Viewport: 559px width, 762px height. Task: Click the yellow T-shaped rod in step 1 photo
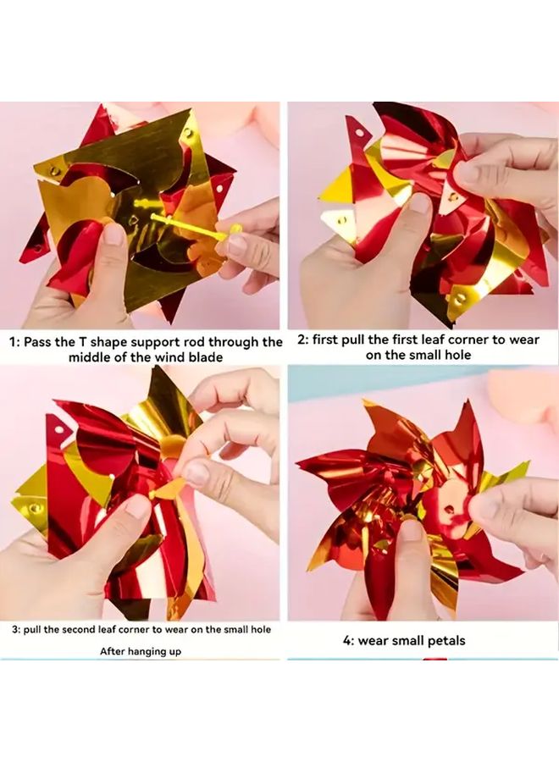186,224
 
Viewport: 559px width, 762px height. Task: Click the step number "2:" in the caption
302,340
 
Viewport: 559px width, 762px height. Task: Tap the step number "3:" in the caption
16,630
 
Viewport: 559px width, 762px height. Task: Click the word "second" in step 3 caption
84,630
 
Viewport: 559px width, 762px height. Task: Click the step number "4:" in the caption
349,641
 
